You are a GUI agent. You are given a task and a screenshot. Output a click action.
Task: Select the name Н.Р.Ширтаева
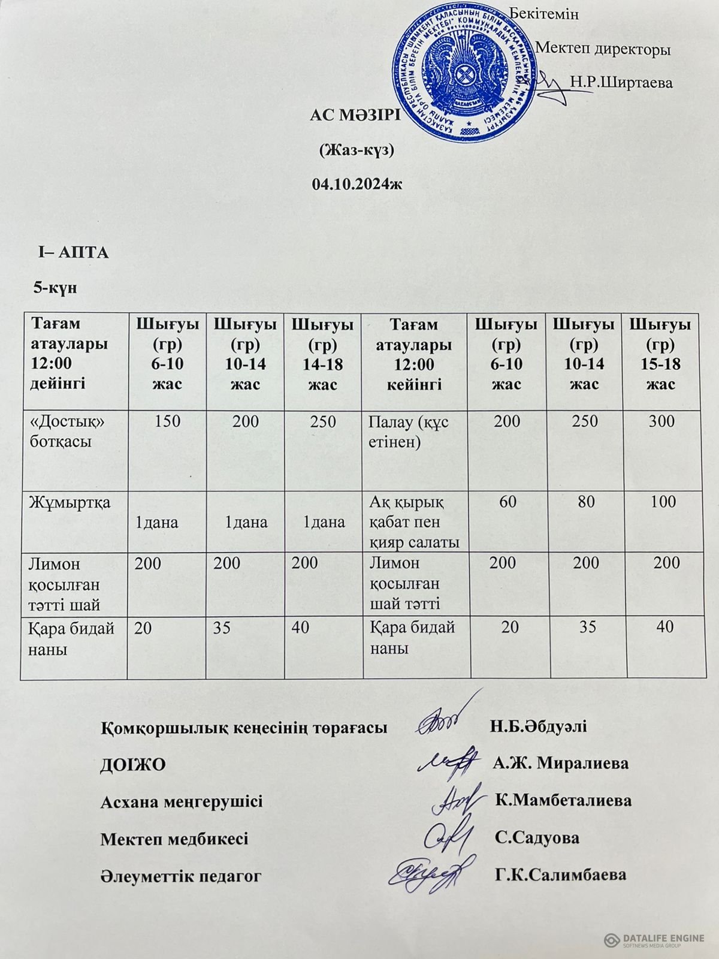(x=621, y=82)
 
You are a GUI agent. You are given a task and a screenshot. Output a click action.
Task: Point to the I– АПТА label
(x=73, y=252)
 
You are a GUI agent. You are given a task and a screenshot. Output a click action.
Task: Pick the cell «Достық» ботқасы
(x=67, y=432)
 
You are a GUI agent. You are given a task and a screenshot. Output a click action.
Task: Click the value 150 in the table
(x=167, y=421)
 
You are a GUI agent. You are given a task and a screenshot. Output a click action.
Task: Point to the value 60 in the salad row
(x=507, y=502)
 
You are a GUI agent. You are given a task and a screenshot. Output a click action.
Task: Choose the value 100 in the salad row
(x=663, y=502)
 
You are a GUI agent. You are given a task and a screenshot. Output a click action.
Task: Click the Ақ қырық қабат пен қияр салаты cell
(x=414, y=522)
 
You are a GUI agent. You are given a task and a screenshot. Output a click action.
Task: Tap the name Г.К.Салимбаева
(x=561, y=874)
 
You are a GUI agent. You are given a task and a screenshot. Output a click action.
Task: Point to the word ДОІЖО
(x=132, y=765)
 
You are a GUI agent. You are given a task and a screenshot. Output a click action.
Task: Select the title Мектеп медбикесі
(x=174, y=838)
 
